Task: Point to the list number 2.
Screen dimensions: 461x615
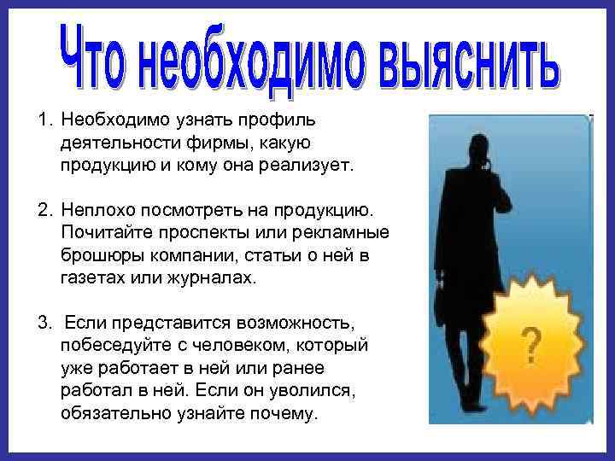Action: [x=42, y=209]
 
